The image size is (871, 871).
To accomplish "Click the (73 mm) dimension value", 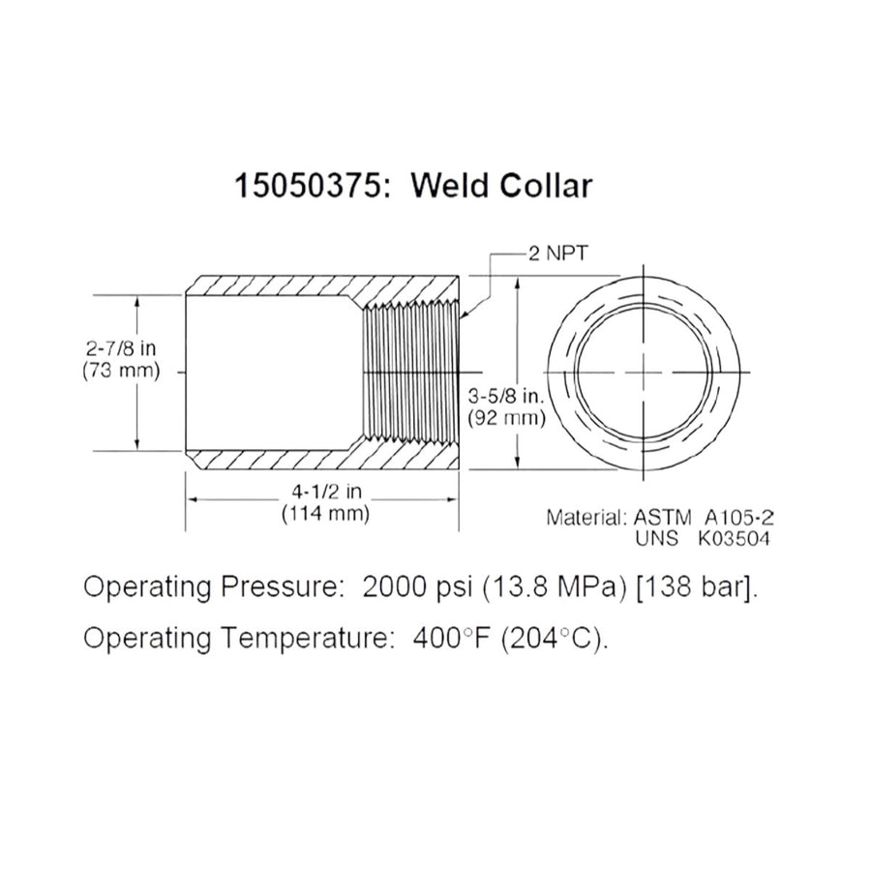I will (120, 370).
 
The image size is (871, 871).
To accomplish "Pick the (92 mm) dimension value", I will (507, 419).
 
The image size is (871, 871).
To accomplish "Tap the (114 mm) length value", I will (324, 514).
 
